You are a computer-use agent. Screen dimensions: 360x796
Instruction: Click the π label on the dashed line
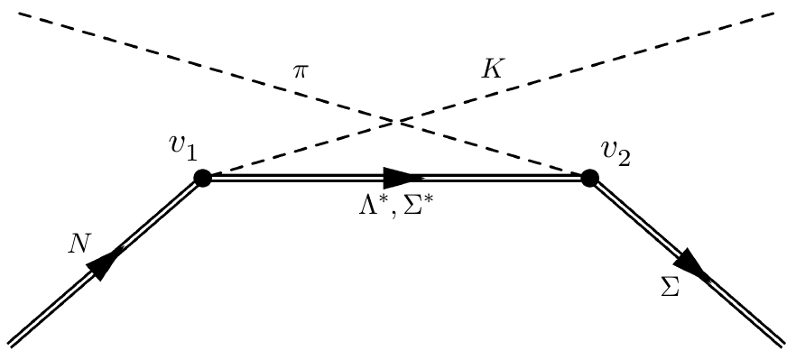pos(301,70)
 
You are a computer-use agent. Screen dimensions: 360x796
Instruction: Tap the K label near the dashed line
pos(492,69)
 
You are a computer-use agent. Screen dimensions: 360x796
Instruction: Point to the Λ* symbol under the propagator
pos(370,208)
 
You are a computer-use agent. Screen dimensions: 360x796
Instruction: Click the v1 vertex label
pos(184,147)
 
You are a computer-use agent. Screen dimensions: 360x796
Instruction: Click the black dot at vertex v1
pos(202,178)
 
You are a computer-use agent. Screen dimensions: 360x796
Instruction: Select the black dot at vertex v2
pos(589,178)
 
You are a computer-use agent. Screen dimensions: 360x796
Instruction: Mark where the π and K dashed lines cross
pos(393,120)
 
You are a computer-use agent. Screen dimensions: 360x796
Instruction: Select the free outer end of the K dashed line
pos(774,13)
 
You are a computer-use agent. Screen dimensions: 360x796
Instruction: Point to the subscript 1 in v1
pos(192,152)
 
